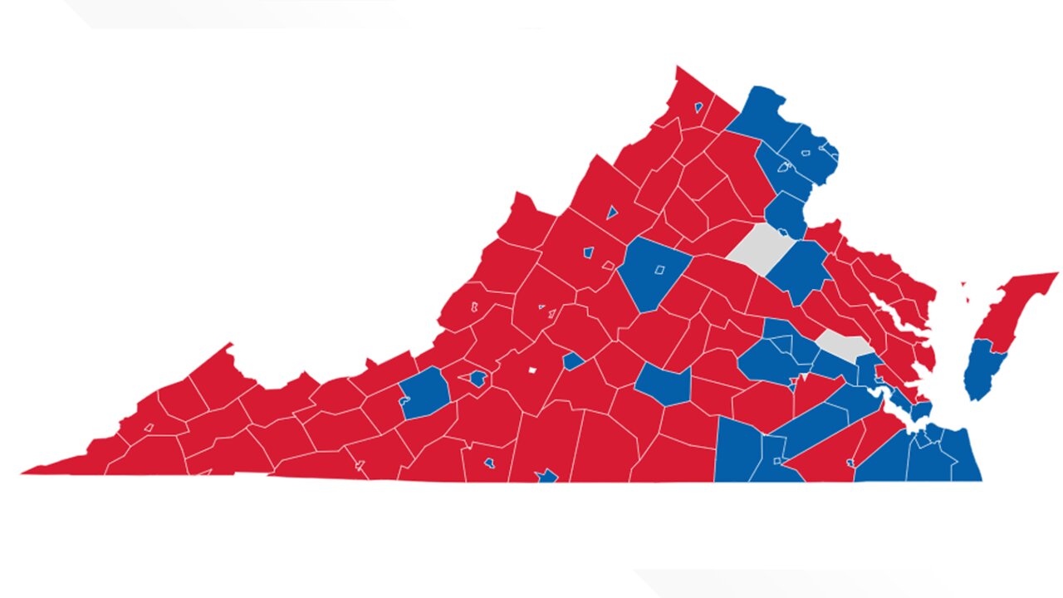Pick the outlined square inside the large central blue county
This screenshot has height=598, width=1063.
pyautogui.click(x=659, y=269)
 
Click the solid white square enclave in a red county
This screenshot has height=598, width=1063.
pyautogui.click(x=532, y=370)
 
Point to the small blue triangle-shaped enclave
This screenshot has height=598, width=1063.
pyautogui.click(x=612, y=212)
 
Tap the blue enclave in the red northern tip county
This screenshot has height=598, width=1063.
pyautogui.click(x=698, y=107)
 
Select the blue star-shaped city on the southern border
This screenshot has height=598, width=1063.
pyautogui.click(x=546, y=476)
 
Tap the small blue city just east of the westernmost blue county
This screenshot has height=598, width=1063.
pyautogui.click(x=478, y=380)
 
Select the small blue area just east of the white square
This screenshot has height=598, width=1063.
pyautogui.click(x=573, y=360)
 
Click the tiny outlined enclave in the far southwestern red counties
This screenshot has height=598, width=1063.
pyautogui.click(x=149, y=427)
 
